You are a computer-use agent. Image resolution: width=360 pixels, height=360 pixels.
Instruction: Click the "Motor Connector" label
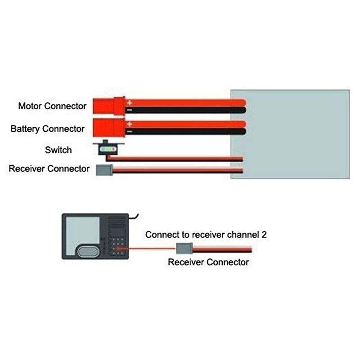pyautogui.click(x=52, y=107)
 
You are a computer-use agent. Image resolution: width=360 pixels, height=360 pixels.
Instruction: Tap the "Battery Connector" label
pyautogui.click(x=47, y=129)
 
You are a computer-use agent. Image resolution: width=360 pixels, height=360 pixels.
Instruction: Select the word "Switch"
pyautogui.click(x=58, y=150)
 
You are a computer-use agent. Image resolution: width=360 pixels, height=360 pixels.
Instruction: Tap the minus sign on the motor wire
pyautogui.click(x=129, y=110)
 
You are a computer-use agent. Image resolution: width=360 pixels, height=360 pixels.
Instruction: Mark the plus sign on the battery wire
pyautogui.click(x=129, y=124)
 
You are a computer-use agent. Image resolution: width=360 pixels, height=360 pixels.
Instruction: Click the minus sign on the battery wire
pyautogui.click(x=129, y=131)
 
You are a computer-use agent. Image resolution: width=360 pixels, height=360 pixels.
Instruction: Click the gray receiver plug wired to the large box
pyautogui.click(x=104, y=170)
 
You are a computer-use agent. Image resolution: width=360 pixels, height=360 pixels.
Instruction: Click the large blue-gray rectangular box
pyautogui.click(x=290, y=134)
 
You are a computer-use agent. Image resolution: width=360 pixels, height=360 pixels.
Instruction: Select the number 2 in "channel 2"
pyautogui.click(x=265, y=234)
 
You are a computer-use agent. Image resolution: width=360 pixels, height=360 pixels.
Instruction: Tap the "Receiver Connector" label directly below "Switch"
pyautogui.click(x=49, y=169)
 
